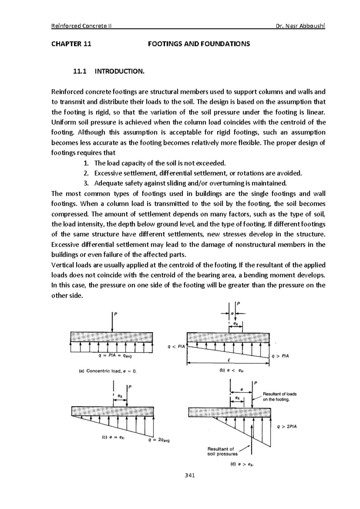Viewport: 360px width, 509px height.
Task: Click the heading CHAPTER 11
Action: coord(71,44)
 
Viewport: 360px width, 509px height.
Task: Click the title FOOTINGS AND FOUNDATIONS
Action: coord(199,44)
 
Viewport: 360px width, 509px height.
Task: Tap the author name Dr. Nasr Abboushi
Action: coord(301,26)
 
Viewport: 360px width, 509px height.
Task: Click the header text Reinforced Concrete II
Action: coord(82,26)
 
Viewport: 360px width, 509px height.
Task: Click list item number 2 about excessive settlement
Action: coord(198,173)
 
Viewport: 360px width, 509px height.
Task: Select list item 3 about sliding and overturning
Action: coord(190,183)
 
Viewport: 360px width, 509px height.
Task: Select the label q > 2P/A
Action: coord(287,426)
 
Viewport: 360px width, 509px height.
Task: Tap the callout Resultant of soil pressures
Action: coord(222,451)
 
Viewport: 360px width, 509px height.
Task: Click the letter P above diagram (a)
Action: coord(115,314)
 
